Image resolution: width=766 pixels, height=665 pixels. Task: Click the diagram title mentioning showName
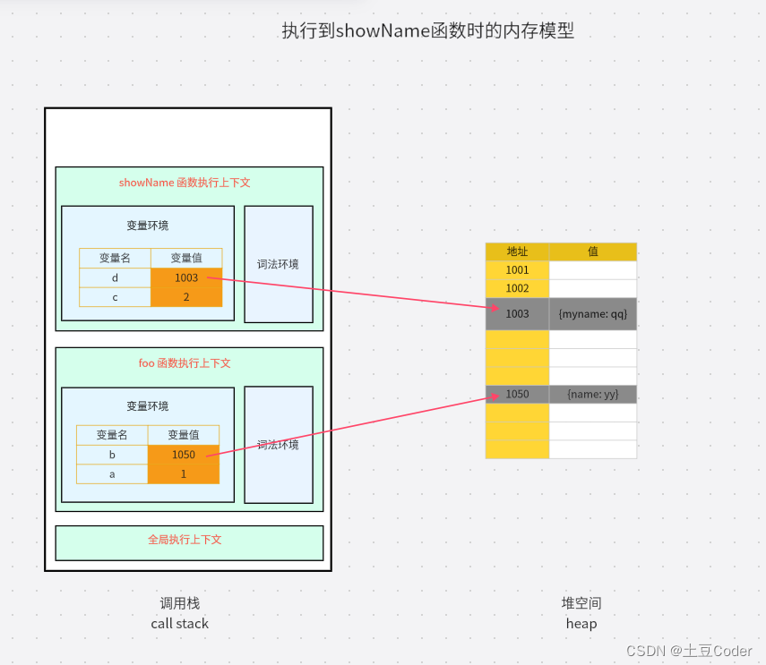[x=427, y=31]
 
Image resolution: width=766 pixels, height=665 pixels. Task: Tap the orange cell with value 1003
[x=186, y=278]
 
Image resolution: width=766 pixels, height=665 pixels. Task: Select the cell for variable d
[x=115, y=278]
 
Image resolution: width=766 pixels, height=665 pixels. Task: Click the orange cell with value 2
[x=186, y=297]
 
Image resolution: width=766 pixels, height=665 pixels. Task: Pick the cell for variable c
[x=115, y=297]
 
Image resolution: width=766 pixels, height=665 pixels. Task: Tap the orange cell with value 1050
[x=183, y=455]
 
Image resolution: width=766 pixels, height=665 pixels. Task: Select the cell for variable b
[x=112, y=455]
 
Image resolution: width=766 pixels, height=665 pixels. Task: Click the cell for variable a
[x=112, y=474]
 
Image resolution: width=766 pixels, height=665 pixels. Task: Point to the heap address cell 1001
[x=517, y=270]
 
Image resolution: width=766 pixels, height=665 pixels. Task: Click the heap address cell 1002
[x=517, y=289]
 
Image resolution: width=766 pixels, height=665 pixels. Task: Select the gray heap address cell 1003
[x=517, y=314]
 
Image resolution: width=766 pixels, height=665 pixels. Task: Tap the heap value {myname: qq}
[x=592, y=314]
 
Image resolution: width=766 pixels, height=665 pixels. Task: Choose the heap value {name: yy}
[x=592, y=394]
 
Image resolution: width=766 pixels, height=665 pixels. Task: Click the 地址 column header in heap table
[x=517, y=252]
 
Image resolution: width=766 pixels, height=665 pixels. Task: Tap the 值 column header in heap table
[x=592, y=252]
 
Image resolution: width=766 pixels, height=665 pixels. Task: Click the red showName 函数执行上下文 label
[x=185, y=183]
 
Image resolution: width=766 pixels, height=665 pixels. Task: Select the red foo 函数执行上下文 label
[x=185, y=363]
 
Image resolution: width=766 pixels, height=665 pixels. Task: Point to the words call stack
[x=179, y=624]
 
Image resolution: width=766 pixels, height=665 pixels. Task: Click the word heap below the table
[x=581, y=624]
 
